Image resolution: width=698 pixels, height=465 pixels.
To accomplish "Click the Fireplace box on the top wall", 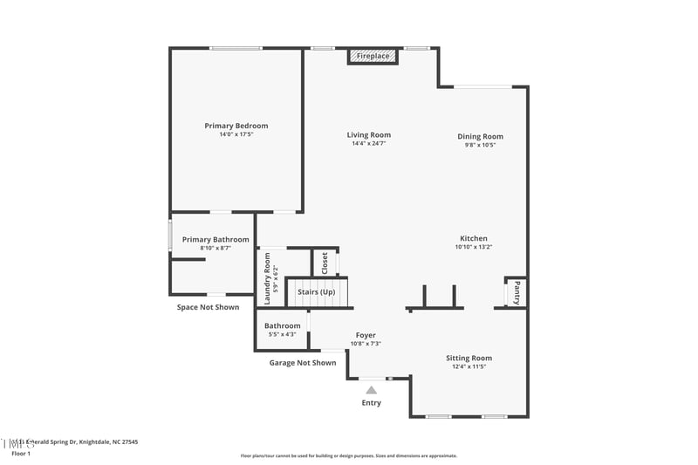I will pyautogui.click(x=373, y=56).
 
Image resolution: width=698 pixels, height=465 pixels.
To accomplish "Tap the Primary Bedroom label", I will pyautogui.click(x=236, y=126).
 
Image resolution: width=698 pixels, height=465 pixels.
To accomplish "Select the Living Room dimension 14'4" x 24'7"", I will pyautogui.click(x=368, y=143).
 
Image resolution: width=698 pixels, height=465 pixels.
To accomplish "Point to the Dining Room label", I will pyautogui.click(x=481, y=136).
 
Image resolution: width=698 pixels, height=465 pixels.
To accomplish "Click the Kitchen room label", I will pyautogui.click(x=474, y=238).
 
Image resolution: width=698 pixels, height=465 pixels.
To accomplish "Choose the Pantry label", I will pyautogui.click(x=517, y=291).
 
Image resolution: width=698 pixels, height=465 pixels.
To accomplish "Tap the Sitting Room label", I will pyautogui.click(x=469, y=358).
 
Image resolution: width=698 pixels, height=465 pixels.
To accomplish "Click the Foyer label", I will pyautogui.click(x=366, y=335).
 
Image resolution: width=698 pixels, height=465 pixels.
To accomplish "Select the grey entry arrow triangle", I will pyautogui.click(x=372, y=390).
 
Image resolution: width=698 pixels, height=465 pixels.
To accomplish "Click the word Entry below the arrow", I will pyautogui.click(x=372, y=403).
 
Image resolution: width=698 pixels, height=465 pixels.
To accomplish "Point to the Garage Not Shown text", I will pyautogui.click(x=302, y=363).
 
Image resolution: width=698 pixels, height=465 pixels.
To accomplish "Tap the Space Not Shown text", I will pyautogui.click(x=208, y=307).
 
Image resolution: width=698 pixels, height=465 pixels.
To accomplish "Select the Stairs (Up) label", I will pyautogui.click(x=316, y=291).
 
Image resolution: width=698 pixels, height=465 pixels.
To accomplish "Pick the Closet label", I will pyautogui.click(x=325, y=262).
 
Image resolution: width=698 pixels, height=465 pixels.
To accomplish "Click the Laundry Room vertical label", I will pyautogui.click(x=267, y=278).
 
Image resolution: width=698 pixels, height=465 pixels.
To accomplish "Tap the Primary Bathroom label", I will pyautogui.click(x=216, y=239).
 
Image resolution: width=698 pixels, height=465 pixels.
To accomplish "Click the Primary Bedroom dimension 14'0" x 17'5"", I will pyautogui.click(x=236, y=134).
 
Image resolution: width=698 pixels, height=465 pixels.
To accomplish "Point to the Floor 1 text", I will pyautogui.click(x=21, y=454).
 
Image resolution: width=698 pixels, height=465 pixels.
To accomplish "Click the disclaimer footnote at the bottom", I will pyautogui.click(x=348, y=455).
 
